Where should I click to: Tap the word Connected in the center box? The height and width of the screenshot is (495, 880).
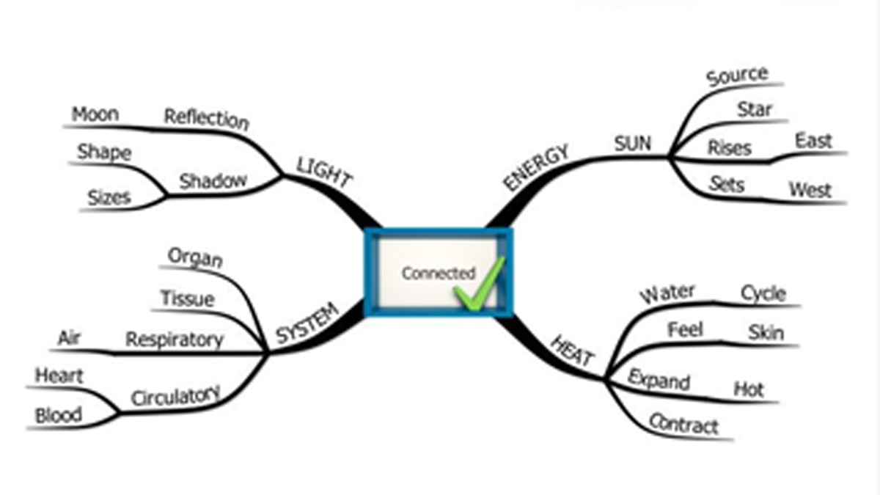coord(438,273)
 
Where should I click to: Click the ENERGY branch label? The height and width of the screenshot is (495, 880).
coord(536,167)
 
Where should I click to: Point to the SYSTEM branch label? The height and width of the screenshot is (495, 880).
coord(308,323)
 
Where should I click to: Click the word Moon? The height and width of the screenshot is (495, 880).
coord(95,114)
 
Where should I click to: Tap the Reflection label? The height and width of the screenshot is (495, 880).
coord(206,118)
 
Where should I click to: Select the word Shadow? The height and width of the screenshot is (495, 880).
coord(213,180)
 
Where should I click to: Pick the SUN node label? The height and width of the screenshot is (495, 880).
coord(632,143)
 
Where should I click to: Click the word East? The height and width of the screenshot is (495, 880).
coord(813,141)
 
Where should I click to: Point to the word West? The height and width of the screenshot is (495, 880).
coord(810,191)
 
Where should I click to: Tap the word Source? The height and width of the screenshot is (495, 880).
coord(736,76)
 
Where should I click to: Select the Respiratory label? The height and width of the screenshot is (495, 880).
coord(174,340)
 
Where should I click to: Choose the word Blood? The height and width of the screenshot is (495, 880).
coord(58,415)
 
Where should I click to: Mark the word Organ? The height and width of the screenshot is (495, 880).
coord(195,257)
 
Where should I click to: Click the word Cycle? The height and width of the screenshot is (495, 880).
coord(763,293)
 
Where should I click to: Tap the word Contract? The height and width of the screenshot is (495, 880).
coord(683,424)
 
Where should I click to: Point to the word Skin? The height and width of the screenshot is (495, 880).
coord(766,333)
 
